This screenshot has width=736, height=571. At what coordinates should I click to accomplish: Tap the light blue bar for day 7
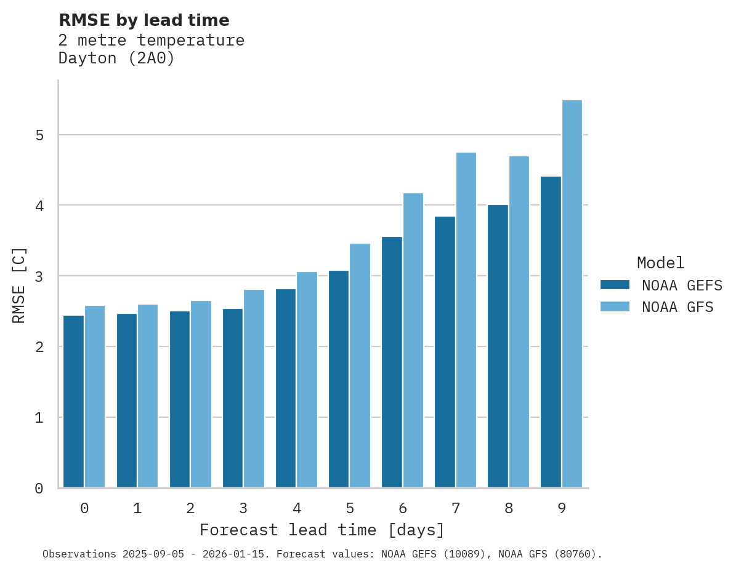(466, 320)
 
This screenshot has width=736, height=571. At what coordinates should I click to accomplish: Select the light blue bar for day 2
(201, 394)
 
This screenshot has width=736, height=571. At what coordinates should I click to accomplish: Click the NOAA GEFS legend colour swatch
(615, 285)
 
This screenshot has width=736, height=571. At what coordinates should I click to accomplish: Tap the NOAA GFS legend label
(677, 307)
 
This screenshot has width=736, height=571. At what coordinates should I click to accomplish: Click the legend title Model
(660, 263)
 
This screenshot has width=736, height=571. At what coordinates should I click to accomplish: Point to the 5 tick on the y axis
(39, 135)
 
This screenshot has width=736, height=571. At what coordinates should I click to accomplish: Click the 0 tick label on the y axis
(39, 489)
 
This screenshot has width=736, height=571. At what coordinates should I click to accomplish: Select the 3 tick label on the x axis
(243, 508)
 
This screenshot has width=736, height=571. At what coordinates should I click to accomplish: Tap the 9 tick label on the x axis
(561, 508)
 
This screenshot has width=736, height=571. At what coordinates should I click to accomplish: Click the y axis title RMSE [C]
(19, 285)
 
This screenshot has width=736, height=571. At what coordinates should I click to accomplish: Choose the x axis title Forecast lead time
(321, 530)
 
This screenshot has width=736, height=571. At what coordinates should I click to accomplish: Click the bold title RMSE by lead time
(144, 20)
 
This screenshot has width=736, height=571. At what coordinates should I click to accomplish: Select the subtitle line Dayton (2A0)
(116, 58)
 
